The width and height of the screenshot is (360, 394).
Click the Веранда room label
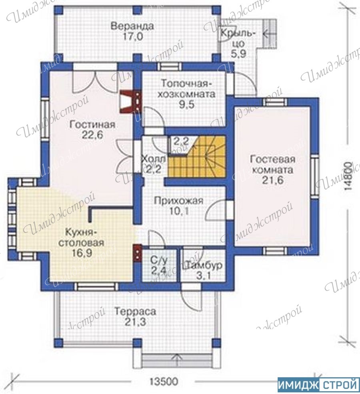132,26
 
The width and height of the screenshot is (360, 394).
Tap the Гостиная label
92,125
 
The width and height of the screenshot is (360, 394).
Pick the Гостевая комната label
272,165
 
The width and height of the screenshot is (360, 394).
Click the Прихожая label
178,201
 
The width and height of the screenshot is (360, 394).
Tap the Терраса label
135,312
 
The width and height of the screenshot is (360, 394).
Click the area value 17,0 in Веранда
133,37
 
